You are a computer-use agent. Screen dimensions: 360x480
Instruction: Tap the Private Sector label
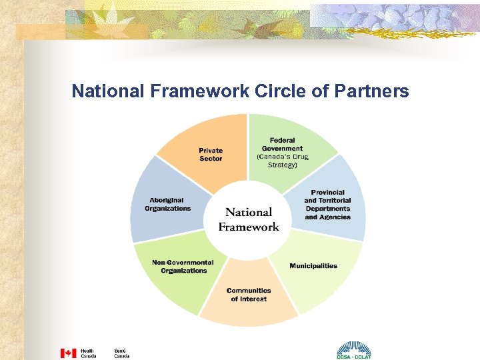click(x=211, y=155)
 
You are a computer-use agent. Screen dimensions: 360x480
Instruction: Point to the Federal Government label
click(x=282, y=144)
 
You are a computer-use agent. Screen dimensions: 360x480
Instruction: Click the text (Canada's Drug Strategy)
click(x=282, y=161)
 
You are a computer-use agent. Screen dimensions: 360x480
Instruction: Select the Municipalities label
click(x=313, y=265)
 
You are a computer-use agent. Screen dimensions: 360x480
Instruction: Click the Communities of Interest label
click(x=249, y=295)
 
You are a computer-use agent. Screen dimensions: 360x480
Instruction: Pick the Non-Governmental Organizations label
click(x=183, y=267)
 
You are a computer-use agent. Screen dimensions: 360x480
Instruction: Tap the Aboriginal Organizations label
click(x=167, y=204)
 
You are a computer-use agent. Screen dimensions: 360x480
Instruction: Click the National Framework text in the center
click(x=249, y=219)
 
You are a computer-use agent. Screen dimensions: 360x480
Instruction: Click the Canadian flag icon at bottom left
click(x=68, y=353)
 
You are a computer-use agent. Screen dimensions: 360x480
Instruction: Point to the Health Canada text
click(x=88, y=353)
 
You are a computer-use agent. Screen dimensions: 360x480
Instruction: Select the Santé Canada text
click(x=121, y=353)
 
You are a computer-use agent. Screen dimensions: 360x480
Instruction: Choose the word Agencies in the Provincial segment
click(x=335, y=217)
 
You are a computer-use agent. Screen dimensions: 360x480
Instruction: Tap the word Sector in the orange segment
click(x=211, y=159)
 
